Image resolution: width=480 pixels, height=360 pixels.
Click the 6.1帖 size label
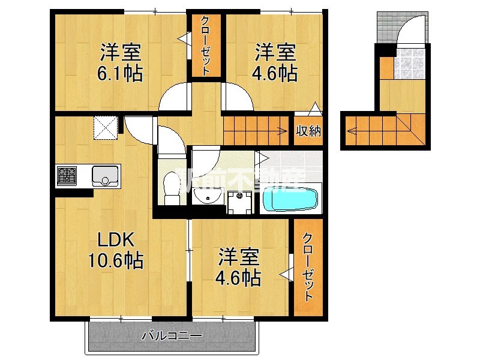pos(120,74)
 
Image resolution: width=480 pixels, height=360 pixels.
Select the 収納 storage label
pos(308,130)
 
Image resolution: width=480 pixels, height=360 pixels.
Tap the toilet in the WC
pos(171,191)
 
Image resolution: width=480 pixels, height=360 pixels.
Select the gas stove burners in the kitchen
pos(67,176)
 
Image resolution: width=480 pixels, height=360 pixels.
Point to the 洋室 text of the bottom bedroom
pos(238,258)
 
